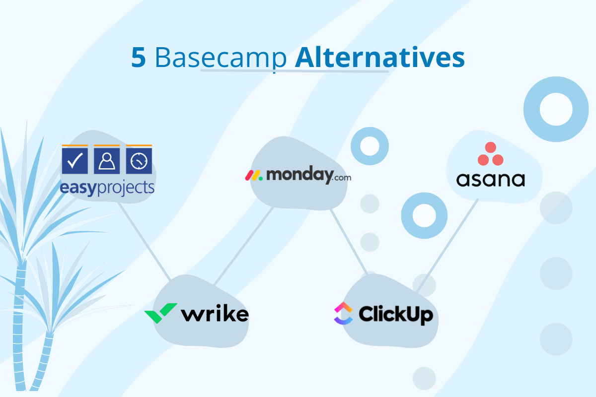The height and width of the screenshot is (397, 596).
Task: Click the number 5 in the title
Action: pyautogui.click(x=139, y=59)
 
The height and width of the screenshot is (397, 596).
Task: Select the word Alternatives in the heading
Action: pyautogui.click(x=379, y=59)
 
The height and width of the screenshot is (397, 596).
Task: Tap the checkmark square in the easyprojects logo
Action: pyautogui.click(x=74, y=160)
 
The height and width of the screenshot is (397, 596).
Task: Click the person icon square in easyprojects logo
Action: pyautogui.click(x=107, y=160)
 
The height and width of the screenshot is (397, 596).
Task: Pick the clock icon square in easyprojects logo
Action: pyautogui.click(x=139, y=160)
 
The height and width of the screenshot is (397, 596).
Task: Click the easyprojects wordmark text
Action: pyautogui.click(x=107, y=188)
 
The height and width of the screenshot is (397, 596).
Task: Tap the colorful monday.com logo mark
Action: pyautogui.click(x=254, y=175)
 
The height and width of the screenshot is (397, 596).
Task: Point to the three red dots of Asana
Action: pyautogui.click(x=490, y=154)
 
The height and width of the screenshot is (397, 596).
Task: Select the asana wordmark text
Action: pyautogui.click(x=490, y=179)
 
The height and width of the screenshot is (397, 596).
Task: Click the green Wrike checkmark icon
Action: pyautogui.click(x=160, y=313)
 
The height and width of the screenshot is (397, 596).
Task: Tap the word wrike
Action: pyautogui.click(x=215, y=314)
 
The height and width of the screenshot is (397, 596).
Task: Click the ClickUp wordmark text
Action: pyautogui.click(x=396, y=314)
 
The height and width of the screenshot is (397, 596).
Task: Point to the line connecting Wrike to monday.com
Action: pyautogui.click(x=243, y=246)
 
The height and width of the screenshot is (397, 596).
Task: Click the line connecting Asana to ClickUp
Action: pyautogui.click(x=447, y=246)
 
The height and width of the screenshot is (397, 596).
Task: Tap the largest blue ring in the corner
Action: pyautogui.click(x=556, y=109)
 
